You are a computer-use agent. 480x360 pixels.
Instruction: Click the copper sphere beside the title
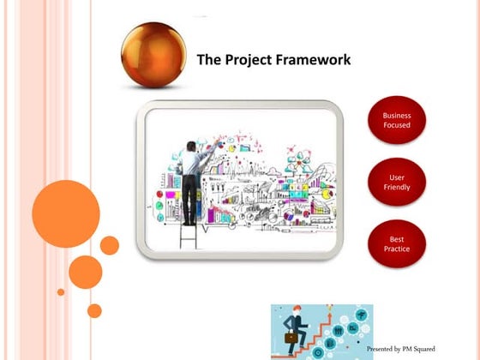click(x=153, y=53)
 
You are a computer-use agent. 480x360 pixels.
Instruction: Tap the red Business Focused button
click(x=396, y=120)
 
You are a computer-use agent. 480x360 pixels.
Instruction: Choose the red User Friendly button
click(x=396, y=182)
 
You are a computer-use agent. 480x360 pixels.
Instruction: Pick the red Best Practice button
click(x=396, y=243)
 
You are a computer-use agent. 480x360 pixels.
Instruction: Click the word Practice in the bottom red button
click(x=396, y=249)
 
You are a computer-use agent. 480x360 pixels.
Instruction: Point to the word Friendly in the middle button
click(x=396, y=187)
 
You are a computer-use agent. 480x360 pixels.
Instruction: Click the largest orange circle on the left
click(x=66, y=213)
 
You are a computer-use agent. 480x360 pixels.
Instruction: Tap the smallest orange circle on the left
click(x=61, y=292)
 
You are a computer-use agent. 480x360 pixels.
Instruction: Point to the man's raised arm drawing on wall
click(x=206, y=150)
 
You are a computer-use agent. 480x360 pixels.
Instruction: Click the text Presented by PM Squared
click(x=401, y=349)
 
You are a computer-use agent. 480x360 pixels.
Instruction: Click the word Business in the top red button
click(x=396, y=115)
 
